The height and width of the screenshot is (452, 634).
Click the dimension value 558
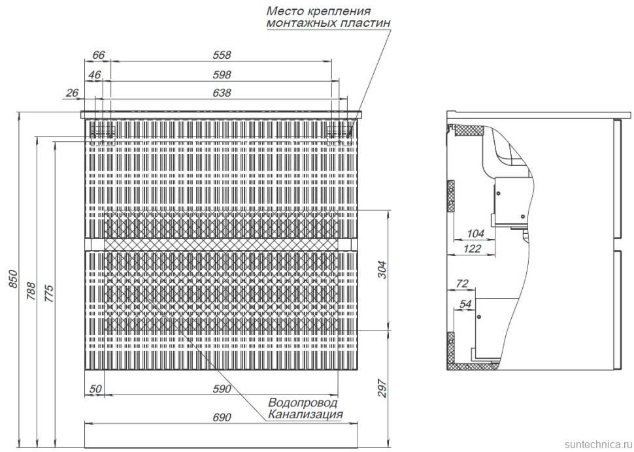click(222, 55)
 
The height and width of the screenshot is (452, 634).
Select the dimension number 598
click(222, 74)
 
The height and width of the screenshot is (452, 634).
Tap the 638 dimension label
click(222, 93)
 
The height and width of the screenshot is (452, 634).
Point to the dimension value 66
click(99, 55)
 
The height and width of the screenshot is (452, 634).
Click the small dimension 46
click(95, 74)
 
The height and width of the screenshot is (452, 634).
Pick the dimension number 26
click(72, 93)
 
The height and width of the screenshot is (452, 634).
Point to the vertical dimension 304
click(383, 270)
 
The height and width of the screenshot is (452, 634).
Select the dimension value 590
click(222, 389)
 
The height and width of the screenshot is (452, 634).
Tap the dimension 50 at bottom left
click(95, 389)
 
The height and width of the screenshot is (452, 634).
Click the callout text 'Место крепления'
click(318, 11)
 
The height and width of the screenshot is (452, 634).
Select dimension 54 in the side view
click(466, 304)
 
